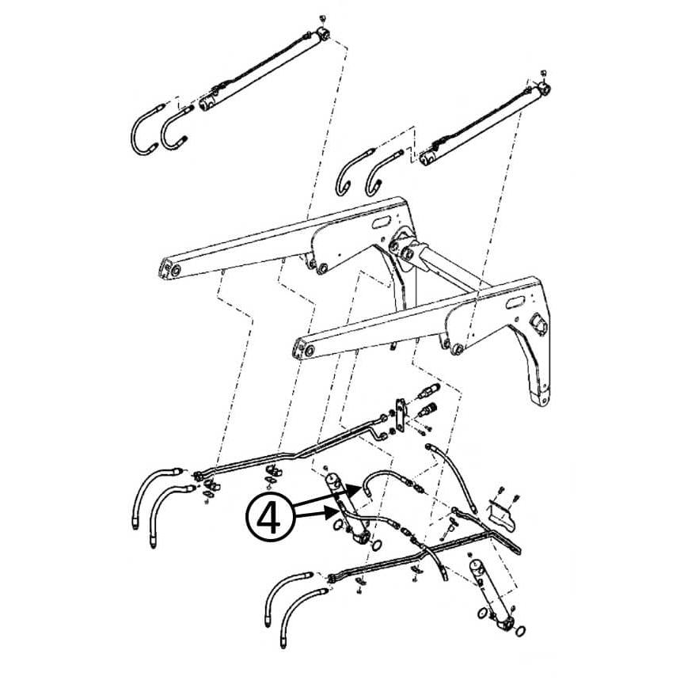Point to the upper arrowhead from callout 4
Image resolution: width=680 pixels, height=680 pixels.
tap(355, 491)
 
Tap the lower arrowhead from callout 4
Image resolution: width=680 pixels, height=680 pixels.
tap(332, 513)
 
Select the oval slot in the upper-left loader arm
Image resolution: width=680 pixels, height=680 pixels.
tap(382, 223)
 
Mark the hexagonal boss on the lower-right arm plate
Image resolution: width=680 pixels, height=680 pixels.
tap(538, 324)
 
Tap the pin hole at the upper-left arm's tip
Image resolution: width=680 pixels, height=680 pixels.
tap(176, 271)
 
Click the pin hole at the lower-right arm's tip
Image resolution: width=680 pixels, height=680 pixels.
tap(310, 351)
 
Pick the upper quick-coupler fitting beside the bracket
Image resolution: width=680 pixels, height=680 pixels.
tap(427, 391)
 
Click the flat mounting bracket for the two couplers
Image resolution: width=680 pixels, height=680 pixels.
tap(402, 415)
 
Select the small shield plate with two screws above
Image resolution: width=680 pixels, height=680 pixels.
tap(503, 515)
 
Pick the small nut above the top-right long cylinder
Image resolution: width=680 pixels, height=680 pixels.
tap(544, 72)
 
